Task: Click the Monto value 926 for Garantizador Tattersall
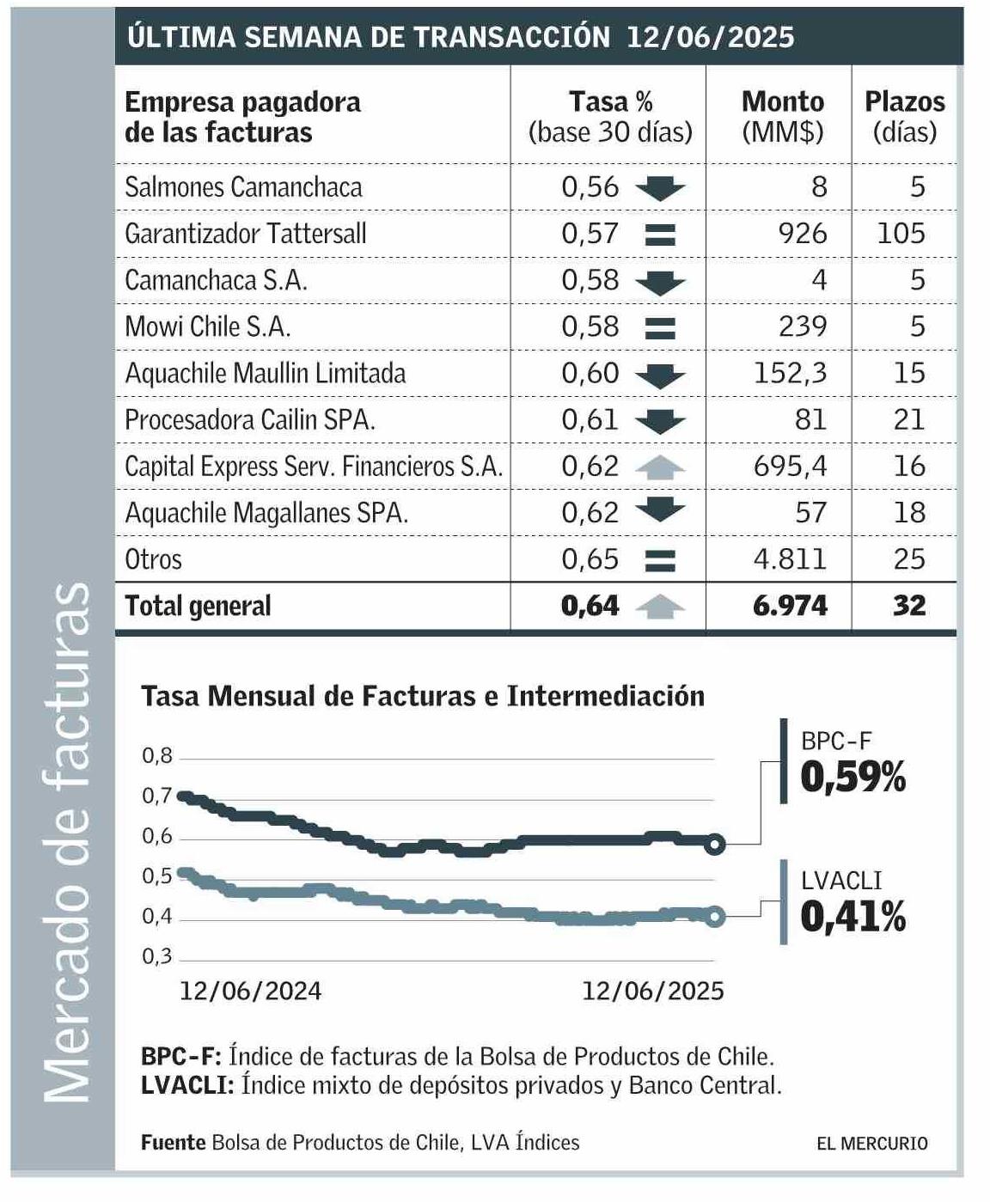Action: tap(802, 234)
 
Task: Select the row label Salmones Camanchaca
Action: tap(243, 187)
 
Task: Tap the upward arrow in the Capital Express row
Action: tap(660, 467)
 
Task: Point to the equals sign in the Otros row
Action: tap(660, 560)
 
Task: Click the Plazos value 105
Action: tap(901, 234)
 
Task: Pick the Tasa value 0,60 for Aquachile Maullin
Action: tap(590, 373)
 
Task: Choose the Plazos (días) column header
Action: tap(904, 117)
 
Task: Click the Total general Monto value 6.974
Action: tap(790, 606)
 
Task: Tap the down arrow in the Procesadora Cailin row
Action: tap(660, 421)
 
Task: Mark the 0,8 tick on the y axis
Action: tap(157, 756)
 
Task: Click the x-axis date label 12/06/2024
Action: tap(250, 991)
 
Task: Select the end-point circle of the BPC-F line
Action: tap(715, 845)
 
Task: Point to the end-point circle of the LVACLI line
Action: tap(715, 917)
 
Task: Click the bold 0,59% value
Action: tap(852, 778)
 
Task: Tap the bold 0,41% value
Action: tap(852, 918)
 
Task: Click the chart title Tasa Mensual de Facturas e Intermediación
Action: tap(422, 695)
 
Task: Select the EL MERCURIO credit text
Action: tap(871, 1144)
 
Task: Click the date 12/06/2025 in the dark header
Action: tap(710, 38)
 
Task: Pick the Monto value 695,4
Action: tap(790, 467)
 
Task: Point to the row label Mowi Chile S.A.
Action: tap(208, 326)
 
